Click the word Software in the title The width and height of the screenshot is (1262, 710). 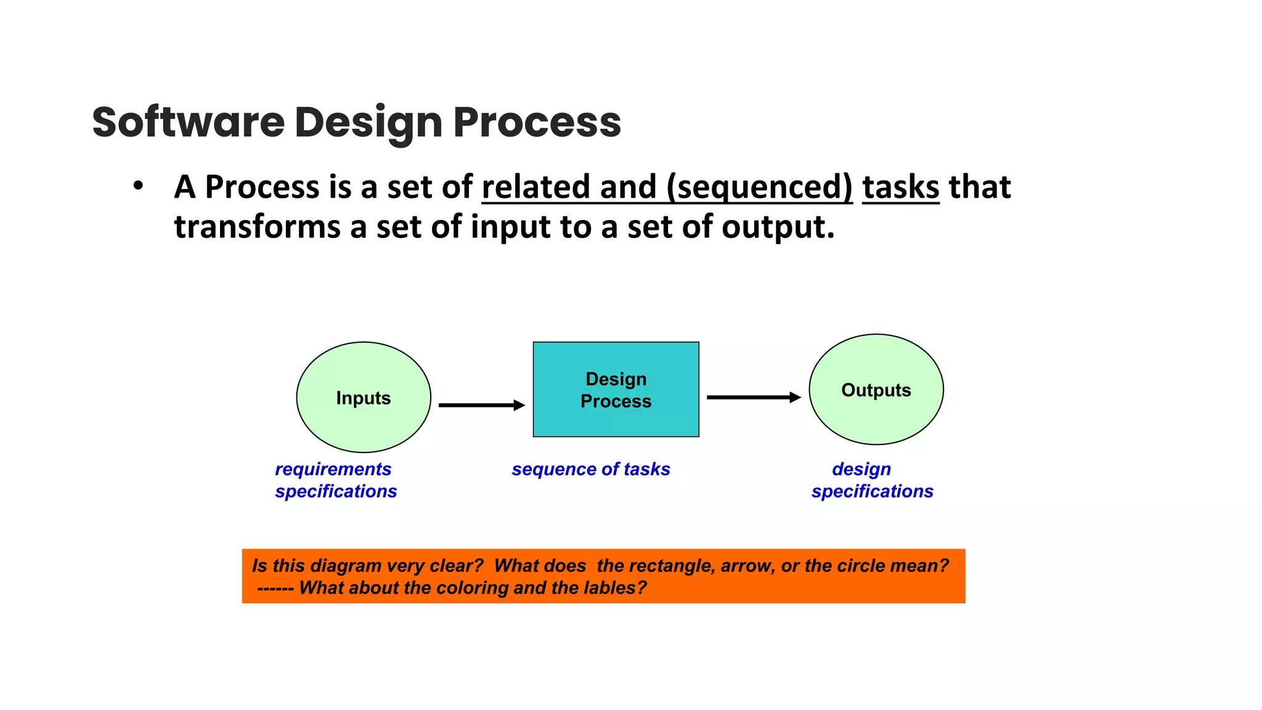pos(188,122)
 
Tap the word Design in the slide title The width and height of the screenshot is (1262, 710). pos(368,122)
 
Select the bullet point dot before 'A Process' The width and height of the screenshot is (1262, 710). pos(138,186)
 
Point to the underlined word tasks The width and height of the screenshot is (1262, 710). pos(900,187)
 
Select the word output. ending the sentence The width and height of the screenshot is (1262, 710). pos(778,227)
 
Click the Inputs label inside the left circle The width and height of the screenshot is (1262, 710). pos(364,398)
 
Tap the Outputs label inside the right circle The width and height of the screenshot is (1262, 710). pos(876,390)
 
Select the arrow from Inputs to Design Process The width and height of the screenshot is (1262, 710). pos(481,405)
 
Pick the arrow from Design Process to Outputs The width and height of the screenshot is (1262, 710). pos(753,398)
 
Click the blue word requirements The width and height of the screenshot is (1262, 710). pos(333,469)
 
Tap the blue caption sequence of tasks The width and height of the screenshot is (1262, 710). pos(590,469)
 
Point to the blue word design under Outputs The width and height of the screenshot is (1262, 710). pos(861,469)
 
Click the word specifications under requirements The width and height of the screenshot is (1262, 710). pos(336,491)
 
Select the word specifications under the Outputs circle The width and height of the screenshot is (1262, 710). pos(872,491)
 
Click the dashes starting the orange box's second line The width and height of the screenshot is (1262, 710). pos(275,588)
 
